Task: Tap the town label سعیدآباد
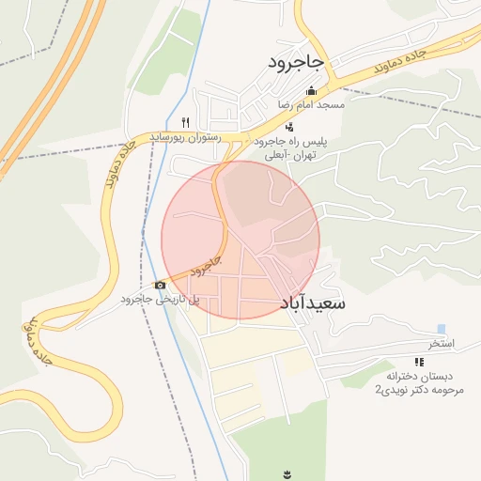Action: pos(313,303)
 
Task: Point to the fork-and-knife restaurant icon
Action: pos(185,123)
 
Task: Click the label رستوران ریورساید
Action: pos(185,137)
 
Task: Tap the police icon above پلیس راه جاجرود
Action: pos(289,127)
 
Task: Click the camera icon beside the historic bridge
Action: pos(160,285)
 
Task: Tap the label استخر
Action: pos(442,344)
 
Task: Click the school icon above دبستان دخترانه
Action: pos(418,362)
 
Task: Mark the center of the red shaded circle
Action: pos(240,240)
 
